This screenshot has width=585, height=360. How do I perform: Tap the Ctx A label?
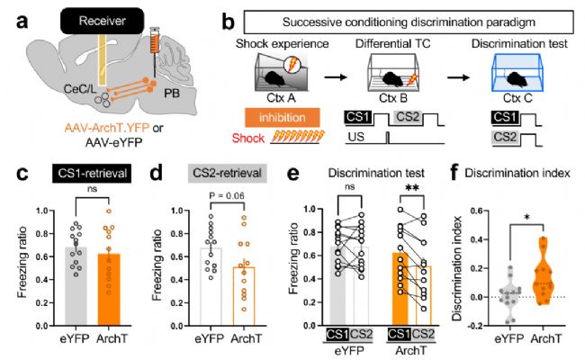282,97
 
